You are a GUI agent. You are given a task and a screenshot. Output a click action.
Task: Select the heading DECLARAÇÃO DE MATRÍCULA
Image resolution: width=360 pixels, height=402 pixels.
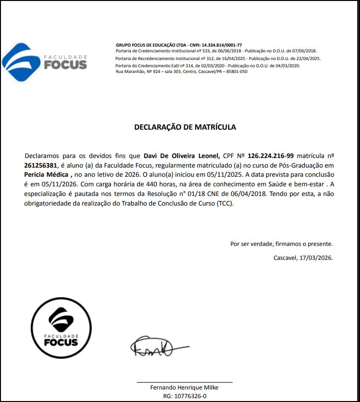pyautogui.click(x=185, y=127)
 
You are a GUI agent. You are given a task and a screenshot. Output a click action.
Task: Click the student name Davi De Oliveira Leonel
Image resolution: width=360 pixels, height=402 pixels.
pyautogui.click(x=182, y=156)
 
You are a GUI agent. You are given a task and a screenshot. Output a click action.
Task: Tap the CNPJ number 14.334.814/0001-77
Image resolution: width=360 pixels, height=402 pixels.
pyautogui.click(x=222, y=45)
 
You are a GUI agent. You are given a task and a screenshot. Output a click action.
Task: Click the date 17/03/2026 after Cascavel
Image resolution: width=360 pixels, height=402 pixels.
pyautogui.click(x=316, y=257)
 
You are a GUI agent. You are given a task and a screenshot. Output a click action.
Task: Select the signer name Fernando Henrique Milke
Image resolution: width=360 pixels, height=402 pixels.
pyautogui.click(x=184, y=388)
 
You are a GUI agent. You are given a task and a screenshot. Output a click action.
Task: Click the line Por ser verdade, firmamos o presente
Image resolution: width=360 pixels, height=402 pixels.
pyautogui.click(x=281, y=244)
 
